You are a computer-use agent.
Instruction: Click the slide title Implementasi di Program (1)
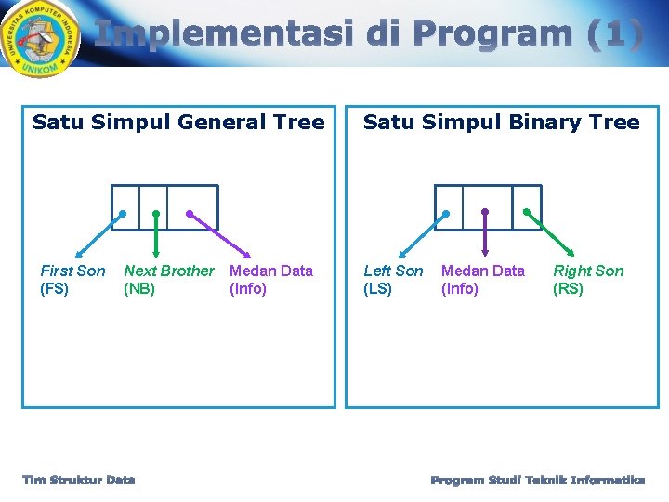point(368,34)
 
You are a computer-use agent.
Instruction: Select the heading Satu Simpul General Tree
point(178,122)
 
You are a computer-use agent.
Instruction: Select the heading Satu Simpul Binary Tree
point(501,122)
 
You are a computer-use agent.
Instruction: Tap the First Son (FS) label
point(72,279)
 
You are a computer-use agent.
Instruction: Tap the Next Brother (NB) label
point(168,279)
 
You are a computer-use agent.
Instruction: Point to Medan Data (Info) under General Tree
point(270,279)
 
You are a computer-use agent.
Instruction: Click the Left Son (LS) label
point(392,279)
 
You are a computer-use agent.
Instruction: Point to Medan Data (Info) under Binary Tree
point(482,279)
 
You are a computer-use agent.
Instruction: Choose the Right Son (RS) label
point(588,279)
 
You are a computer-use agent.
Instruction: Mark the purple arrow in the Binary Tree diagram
point(485,232)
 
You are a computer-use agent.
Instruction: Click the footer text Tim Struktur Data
point(79,480)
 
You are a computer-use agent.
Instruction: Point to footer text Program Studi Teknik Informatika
point(537,480)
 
